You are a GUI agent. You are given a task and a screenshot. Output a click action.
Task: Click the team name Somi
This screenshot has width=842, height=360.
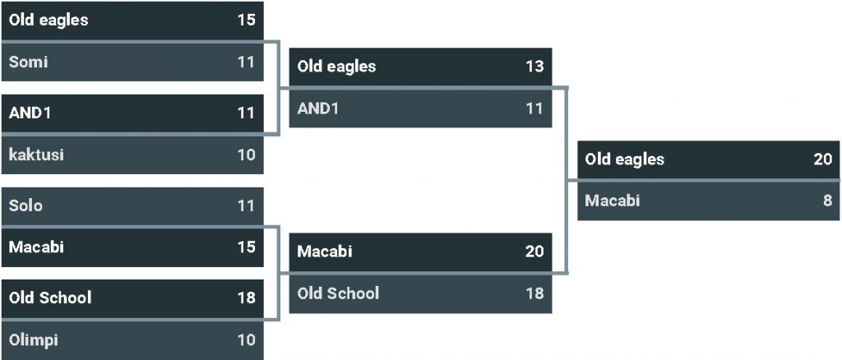[x=29, y=62]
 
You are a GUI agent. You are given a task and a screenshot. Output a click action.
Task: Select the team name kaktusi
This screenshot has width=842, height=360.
[x=36, y=155]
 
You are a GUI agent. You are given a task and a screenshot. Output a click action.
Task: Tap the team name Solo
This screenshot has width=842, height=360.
[x=25, y=205]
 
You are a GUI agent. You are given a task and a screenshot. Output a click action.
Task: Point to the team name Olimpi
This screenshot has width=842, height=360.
[x=34, y=339]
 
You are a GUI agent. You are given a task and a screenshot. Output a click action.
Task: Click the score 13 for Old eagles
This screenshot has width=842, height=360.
[x=534, y=67]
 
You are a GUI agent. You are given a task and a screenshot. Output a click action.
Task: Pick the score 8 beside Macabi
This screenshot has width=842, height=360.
[x=827, y=201]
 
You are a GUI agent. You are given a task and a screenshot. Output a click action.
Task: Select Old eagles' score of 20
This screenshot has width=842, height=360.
[x=822, y=159]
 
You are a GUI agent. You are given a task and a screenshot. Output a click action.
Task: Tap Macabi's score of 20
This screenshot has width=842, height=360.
[x=534, y=251]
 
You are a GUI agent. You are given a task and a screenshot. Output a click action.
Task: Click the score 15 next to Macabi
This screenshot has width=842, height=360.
[x=247, y=247]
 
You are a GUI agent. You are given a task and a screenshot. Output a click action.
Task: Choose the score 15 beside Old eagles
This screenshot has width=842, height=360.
[x=247, y=20]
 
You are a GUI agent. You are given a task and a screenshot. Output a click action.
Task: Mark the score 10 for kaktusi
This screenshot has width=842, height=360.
[x=247, y=155]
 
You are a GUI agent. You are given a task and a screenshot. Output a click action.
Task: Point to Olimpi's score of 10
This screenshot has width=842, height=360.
[x=247, y=339]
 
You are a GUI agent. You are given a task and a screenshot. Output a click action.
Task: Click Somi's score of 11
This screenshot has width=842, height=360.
[x=247, y=62]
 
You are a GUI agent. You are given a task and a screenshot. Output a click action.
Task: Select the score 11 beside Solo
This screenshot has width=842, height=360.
[x=247, y=205]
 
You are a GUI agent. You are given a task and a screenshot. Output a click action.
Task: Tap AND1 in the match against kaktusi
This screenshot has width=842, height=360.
[x=30, y=113]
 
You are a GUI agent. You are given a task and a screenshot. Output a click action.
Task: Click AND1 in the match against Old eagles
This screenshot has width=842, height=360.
[x=318, y=108]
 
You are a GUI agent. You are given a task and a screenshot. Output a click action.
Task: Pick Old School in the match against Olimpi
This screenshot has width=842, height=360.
[x=50, y=298]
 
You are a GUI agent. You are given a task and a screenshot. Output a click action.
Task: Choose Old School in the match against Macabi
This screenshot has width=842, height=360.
[x=338, y=293]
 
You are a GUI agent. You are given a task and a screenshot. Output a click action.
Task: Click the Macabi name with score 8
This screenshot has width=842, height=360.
[x=613, y=201]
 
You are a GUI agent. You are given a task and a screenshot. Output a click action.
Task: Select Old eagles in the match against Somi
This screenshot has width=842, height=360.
[x=49, y=21]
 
